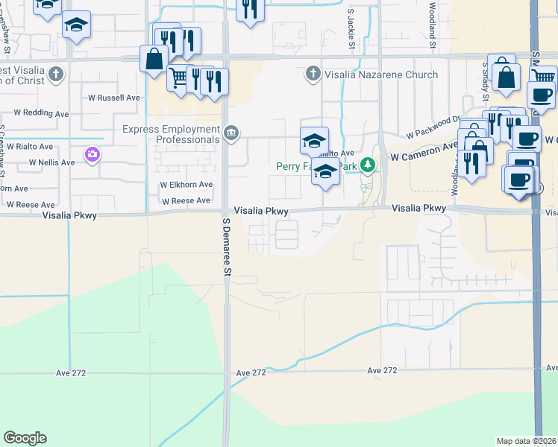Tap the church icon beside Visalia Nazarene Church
tap(313, 74)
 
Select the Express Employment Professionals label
tap(171, 133)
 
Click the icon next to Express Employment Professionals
tap(231, 133)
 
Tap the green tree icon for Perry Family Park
tap(367, 165)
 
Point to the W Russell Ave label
tap(114, 98)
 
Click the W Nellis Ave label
tap(51, 162)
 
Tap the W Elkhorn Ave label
tap(186, 185)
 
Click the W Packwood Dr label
tap(433, 127)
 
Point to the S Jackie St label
tap(351, 30)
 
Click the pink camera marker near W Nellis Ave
tap(93, 154)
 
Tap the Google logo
tap(25, 438)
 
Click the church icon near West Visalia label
tap(56, 74)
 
